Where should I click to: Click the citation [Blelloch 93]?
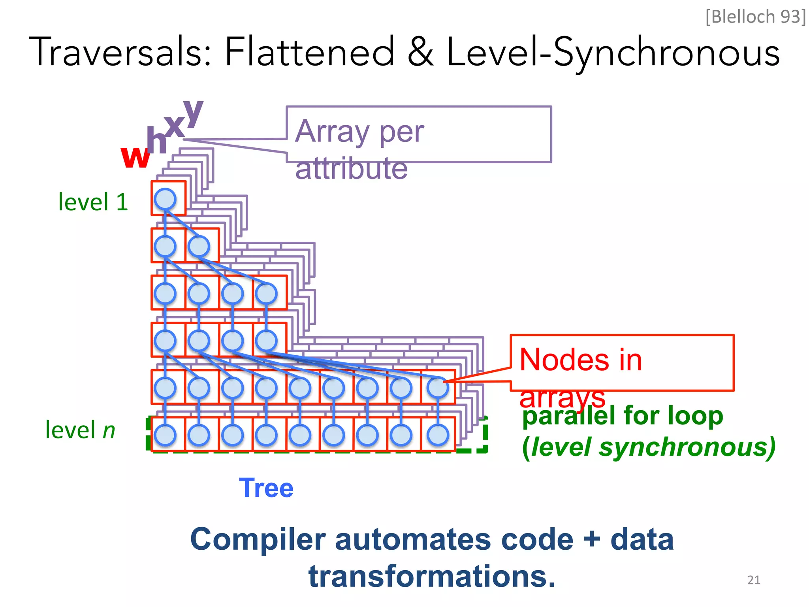pos(755,17)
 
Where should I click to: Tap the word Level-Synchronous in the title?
pos(613,53)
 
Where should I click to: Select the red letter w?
pos(135,156)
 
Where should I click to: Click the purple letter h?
pos(156,140)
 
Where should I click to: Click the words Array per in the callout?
pos(359,132)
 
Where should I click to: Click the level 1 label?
pos(93,202)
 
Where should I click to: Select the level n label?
pos(80,430)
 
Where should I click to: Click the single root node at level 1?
pos(165,199)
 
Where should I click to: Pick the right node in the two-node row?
pos(199,246)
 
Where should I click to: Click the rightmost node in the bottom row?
pos(438,435)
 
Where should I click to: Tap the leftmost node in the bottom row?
pos(165,435)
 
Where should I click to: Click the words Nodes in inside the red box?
pos(580,360)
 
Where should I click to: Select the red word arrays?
pos(562,398)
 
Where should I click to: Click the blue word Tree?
pos(266,488)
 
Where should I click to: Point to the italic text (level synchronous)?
pos(649,447)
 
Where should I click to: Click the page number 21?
pos(754,580)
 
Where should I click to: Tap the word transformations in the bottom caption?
pos(431,577)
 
